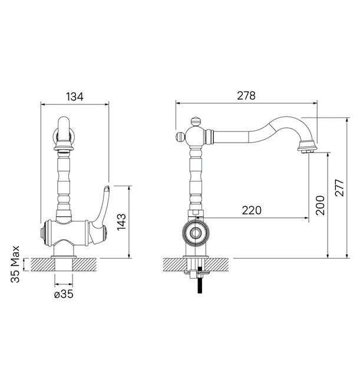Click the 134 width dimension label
pos(74,94)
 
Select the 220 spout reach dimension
pos(251,210)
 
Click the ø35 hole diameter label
pos(63,295)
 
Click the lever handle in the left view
pos(103,204)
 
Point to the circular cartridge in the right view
pos(195,234)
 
